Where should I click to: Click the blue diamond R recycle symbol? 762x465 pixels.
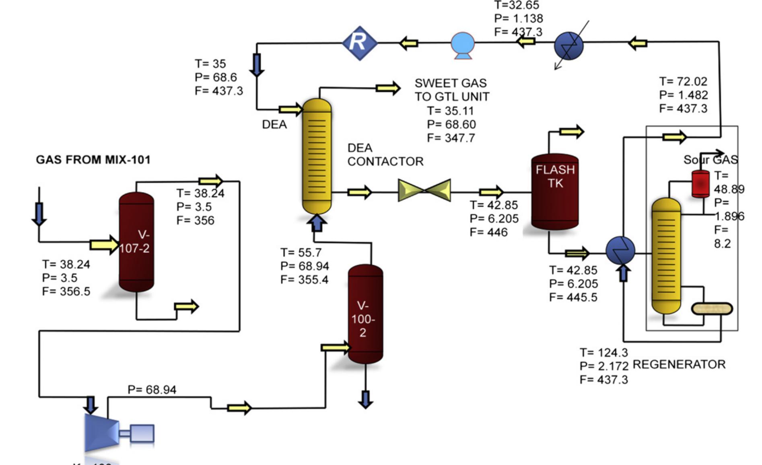pos(359,43)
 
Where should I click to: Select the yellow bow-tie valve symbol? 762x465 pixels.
pos(424,190)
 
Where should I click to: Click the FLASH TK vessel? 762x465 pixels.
pos(555,192)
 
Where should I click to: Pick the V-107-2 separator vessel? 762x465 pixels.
pos(136,242)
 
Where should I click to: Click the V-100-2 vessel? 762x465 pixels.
pos(365,314)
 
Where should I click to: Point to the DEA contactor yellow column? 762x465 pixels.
pos(317,157)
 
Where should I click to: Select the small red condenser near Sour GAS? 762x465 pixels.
pos(700,184)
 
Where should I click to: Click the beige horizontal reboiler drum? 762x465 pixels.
pos(712,309)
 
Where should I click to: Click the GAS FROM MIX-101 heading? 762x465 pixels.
pos(93,160)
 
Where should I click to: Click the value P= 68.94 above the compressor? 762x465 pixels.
pos(152,390)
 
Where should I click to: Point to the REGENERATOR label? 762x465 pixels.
pos(679,365)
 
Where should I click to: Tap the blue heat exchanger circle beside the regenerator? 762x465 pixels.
pos(620,250)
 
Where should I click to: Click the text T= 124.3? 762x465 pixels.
pos(603,353)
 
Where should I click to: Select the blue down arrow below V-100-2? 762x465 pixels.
pos(365,399)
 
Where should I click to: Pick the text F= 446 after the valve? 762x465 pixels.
pos(488,232)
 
